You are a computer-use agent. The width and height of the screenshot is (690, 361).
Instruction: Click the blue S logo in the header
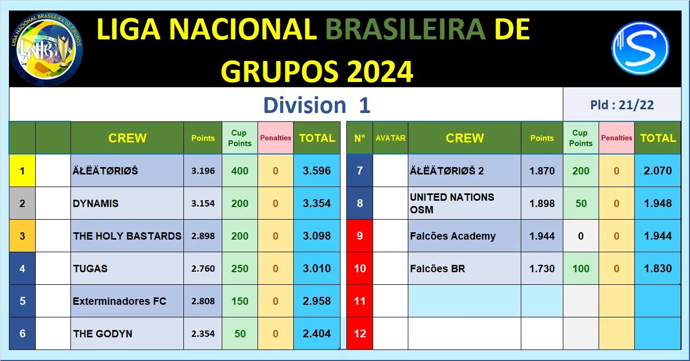click(640, 48)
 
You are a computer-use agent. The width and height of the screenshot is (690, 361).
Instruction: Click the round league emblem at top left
click(46, 49)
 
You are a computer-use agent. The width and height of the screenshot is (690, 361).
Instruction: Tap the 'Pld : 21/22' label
click(622, 105)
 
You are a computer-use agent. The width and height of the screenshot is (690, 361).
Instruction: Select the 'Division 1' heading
click(317, 105)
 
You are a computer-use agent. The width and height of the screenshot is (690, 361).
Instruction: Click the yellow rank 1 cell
click(22, 171)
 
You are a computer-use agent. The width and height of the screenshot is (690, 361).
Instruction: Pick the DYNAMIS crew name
click(96, 203)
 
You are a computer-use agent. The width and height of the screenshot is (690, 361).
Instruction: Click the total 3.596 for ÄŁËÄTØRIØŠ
click(317, 171)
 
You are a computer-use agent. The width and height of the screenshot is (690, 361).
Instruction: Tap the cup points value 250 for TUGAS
click(240, 269)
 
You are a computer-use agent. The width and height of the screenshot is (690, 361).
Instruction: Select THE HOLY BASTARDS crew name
click(127, 236)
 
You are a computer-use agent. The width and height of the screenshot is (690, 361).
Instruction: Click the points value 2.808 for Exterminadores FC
click(203, 301)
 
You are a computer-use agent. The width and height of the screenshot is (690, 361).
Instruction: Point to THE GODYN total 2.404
click(317, 334)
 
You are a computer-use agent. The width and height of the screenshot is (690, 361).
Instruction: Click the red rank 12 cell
click(360, 334)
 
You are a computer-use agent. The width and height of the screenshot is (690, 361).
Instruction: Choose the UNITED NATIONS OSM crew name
click(452, 203)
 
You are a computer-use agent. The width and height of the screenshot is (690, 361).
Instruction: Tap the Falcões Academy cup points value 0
click(581, 236)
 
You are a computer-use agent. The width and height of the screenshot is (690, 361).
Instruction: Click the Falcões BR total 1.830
click(657, 269)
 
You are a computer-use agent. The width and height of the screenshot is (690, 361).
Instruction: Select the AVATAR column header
click(390, 138)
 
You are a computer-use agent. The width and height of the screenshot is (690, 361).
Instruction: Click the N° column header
click(359, 138)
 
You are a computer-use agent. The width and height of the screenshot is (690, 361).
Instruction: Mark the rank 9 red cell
click(360, 236)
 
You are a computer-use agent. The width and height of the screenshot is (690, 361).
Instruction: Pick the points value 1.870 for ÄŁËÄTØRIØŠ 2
click(542, 171)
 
